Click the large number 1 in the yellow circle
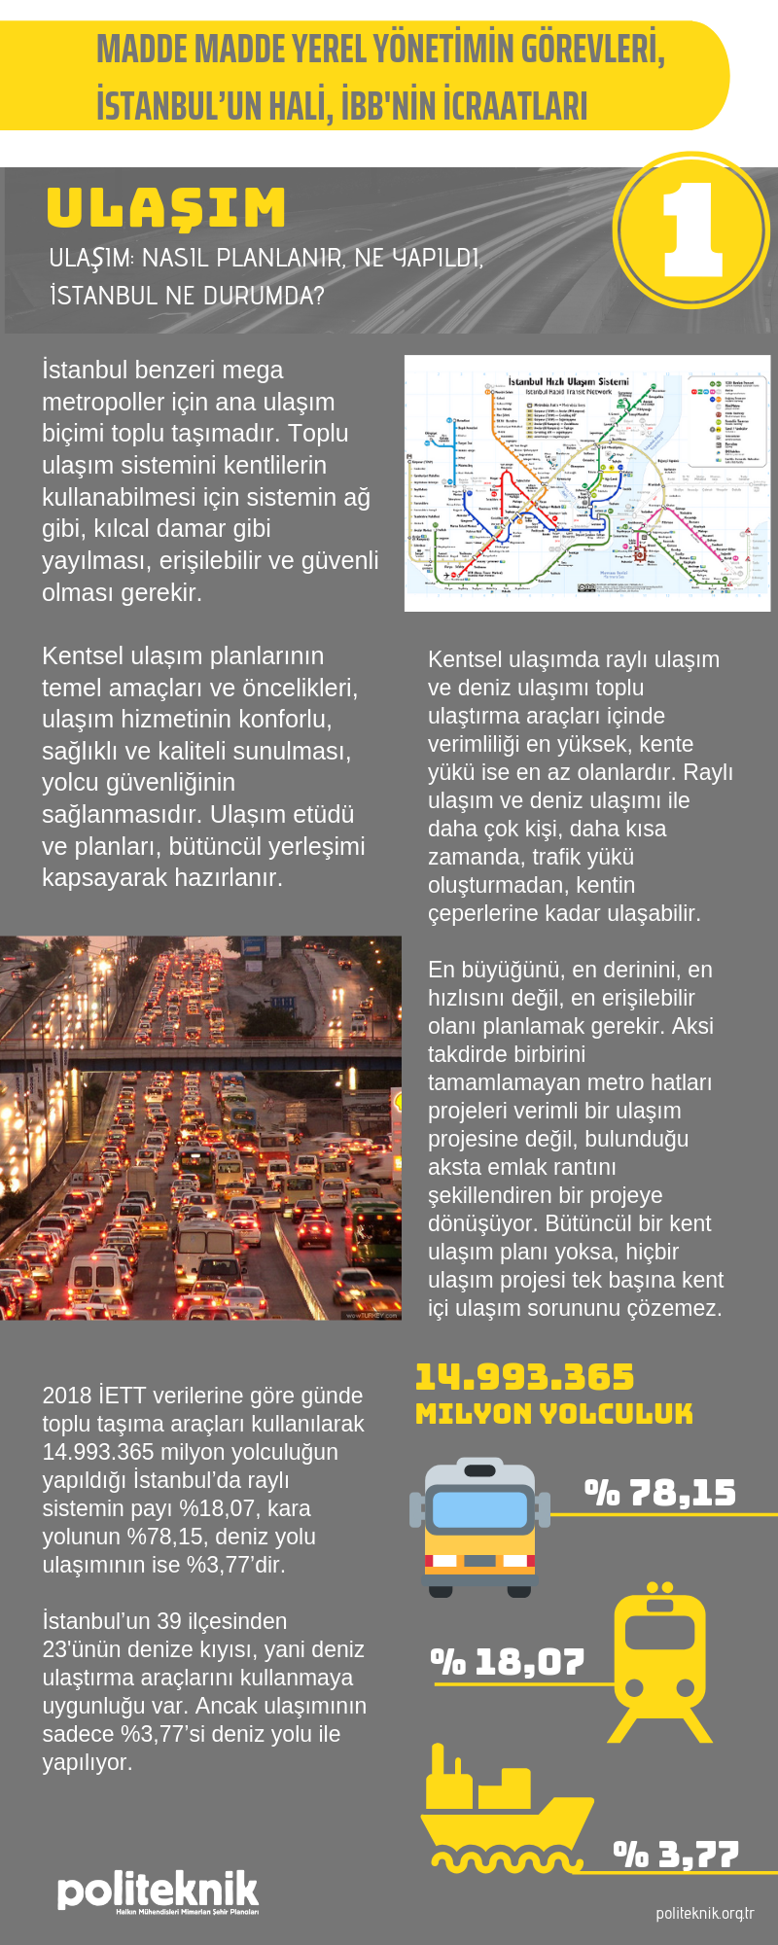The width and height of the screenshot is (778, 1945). point(691,230)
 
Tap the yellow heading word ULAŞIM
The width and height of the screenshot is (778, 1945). point(166,208)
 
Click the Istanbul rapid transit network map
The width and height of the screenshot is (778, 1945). point(587,483)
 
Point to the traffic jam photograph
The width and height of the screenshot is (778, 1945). point(200,1128)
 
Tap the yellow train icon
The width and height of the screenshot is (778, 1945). point(659,1662)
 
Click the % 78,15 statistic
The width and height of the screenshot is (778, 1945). point(660,1493)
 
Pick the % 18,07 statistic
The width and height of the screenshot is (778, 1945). point(508,1663)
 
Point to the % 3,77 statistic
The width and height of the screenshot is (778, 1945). point(676,1855)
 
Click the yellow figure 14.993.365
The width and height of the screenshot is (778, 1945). point(524,1377)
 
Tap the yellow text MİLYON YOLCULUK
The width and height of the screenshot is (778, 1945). point(554,1414)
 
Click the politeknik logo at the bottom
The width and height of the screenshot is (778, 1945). point(158,1892)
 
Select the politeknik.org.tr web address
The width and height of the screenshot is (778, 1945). point(705,1913)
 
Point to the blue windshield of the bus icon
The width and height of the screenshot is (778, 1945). point(479,1509)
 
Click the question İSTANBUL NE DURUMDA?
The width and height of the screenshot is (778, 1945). point(187,295)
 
